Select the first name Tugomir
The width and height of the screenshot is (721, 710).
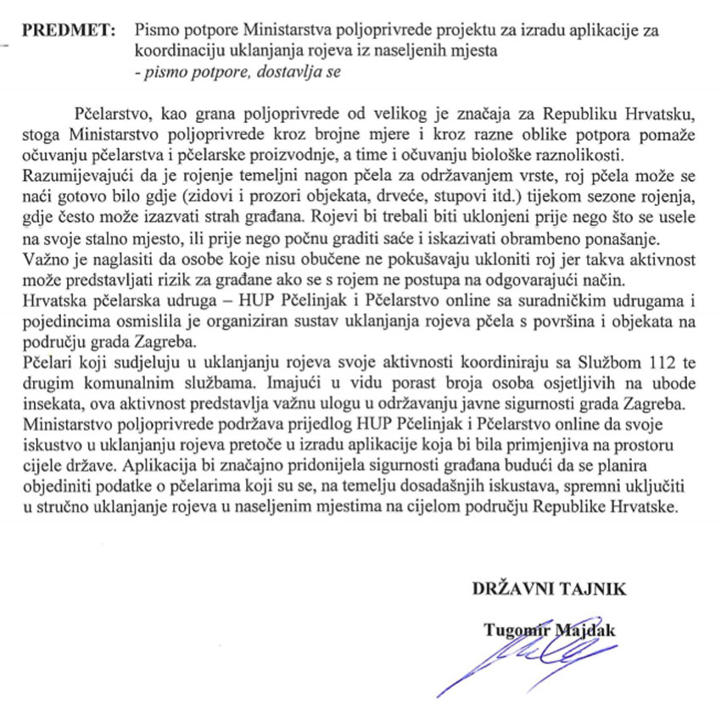click(513, 629)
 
